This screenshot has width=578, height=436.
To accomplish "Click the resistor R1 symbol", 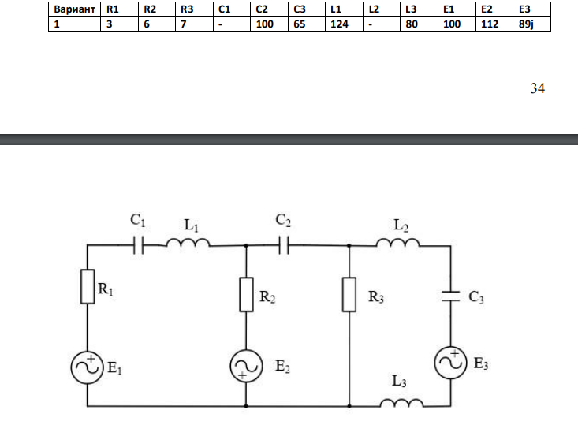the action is (x=88, y=287).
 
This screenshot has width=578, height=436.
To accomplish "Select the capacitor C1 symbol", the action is (x=138, y=245).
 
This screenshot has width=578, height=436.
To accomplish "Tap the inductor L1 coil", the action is (x=188, y=243).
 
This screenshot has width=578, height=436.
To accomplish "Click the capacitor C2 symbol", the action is (x=283, y=245).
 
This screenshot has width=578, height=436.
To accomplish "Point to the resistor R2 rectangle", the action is (x=246, y=294).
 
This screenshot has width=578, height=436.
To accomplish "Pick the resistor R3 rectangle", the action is (x=349, y=294).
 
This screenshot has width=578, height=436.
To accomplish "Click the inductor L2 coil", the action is (x=398, y=243).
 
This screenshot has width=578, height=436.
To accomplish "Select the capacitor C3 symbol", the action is (x=450, y=296).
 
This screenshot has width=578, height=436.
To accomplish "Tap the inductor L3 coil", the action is (x=402, y=403).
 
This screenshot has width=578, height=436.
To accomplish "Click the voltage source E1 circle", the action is (x=88, y=367).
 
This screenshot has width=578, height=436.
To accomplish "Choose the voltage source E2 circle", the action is (x=246, y=366).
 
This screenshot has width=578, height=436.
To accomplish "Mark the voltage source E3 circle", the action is (x=450, y=363).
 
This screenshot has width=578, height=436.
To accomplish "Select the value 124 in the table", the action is (x=339, y=24).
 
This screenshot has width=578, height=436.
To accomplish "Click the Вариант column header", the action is (x=74, y=9).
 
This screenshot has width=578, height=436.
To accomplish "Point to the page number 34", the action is (x=538, y=88).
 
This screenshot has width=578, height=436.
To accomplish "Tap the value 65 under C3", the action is (x=300, y=24).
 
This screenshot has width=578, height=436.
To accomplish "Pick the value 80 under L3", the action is (x=412, y=24).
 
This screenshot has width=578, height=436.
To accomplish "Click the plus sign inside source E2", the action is (x=242, y=375).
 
